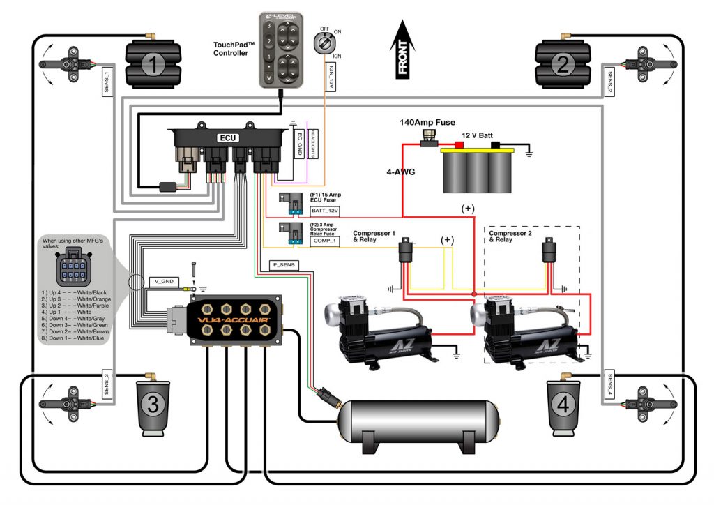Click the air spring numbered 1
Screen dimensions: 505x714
153,65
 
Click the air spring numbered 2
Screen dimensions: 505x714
563,65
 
